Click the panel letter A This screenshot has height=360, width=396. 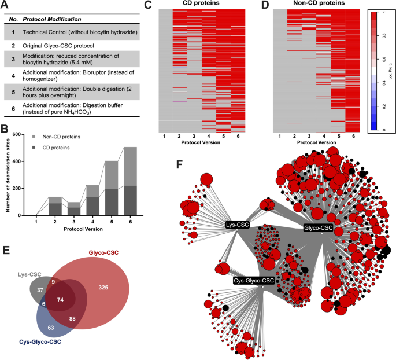[x=6, y=5]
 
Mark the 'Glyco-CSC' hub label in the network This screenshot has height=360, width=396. [x=318, y=227]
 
